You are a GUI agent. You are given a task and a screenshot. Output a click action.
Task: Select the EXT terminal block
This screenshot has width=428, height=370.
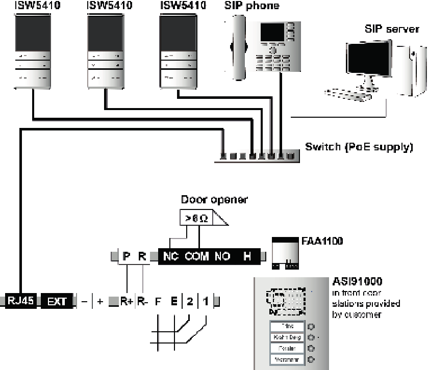click(54, 301)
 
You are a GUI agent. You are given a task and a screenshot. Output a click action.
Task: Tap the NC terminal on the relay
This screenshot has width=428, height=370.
click(170, 257)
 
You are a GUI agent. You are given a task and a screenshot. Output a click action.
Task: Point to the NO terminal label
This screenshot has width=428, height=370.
click(222, 257)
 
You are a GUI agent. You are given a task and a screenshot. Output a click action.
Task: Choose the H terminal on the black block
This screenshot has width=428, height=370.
click(247, 257)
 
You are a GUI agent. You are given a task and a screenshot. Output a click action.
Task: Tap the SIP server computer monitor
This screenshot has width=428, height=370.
click(370, 65)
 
